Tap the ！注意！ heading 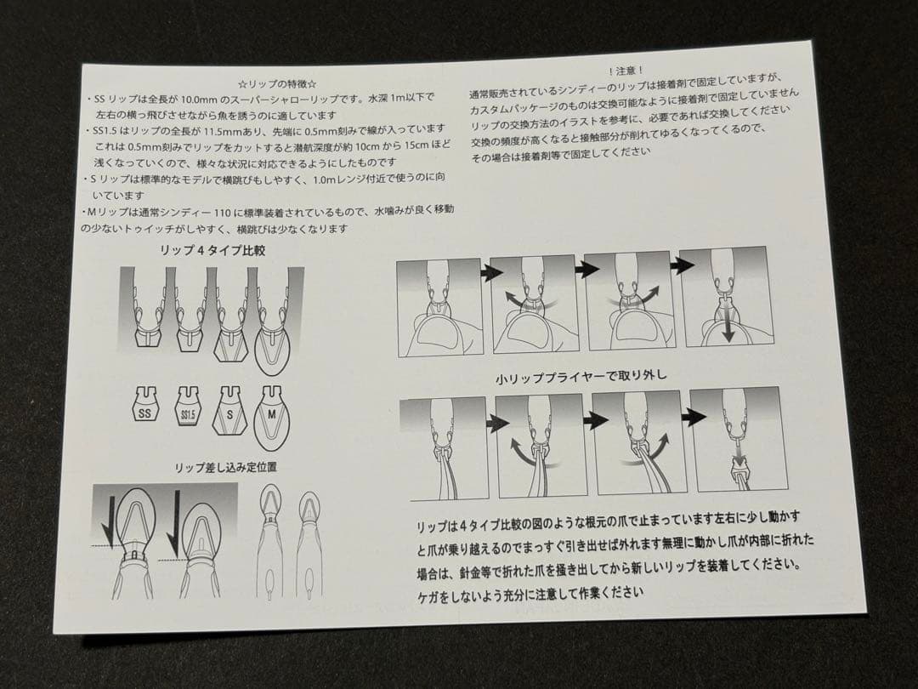626,71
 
